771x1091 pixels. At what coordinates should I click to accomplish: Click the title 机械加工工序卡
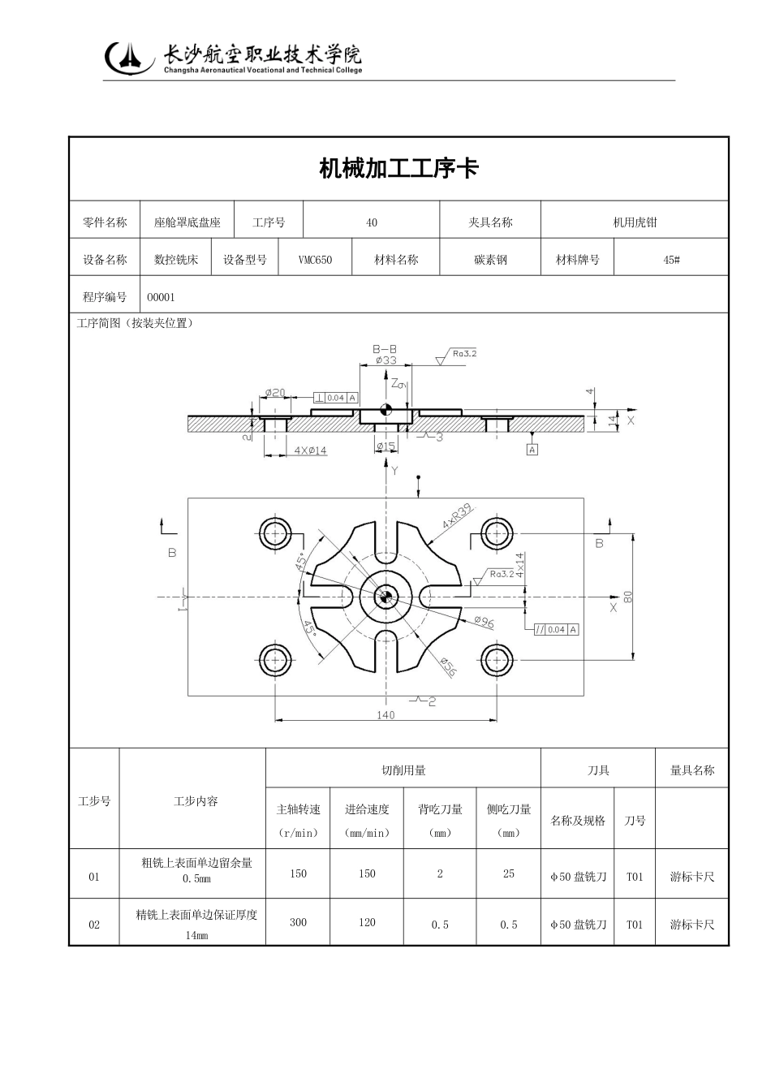398,169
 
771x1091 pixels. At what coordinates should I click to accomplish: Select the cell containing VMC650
315,260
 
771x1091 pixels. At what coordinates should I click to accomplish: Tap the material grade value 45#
671,260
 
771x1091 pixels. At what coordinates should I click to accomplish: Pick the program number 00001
161,297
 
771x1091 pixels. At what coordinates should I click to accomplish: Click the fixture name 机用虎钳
635,222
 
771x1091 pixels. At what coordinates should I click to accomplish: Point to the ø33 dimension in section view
385,360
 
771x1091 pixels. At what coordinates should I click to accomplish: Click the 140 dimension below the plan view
385,715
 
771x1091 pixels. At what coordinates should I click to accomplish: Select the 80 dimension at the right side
627,597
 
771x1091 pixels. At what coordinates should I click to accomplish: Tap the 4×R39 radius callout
457,517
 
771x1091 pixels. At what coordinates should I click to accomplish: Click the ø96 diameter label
484,623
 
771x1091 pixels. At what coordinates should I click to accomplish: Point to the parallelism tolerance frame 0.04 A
556,630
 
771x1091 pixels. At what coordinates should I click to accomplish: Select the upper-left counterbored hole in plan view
276,533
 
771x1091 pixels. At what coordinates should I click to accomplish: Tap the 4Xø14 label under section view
310,451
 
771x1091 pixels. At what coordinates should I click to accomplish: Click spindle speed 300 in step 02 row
298,922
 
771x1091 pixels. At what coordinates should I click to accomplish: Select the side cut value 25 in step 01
508,874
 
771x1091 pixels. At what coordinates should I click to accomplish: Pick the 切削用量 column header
403,770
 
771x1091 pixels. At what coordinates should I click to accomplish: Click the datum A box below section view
532,449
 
